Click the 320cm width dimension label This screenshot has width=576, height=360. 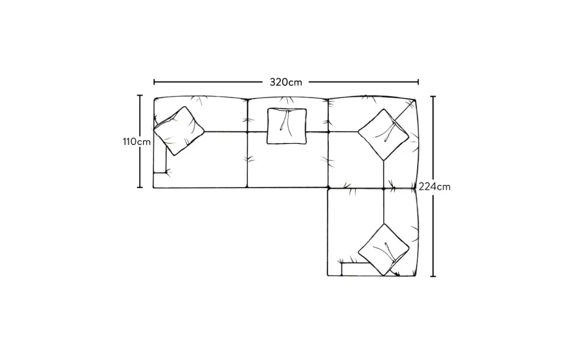286,82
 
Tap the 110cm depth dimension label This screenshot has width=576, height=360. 136,142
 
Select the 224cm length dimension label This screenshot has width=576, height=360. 434,187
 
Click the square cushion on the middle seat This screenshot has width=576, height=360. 287,126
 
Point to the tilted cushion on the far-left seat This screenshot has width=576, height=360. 179,131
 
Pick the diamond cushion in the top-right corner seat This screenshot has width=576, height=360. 384,134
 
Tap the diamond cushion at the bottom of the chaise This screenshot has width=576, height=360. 384,250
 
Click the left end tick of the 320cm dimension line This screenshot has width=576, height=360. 154,82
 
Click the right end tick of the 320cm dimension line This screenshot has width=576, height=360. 418,82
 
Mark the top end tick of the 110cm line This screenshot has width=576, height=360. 140,96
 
